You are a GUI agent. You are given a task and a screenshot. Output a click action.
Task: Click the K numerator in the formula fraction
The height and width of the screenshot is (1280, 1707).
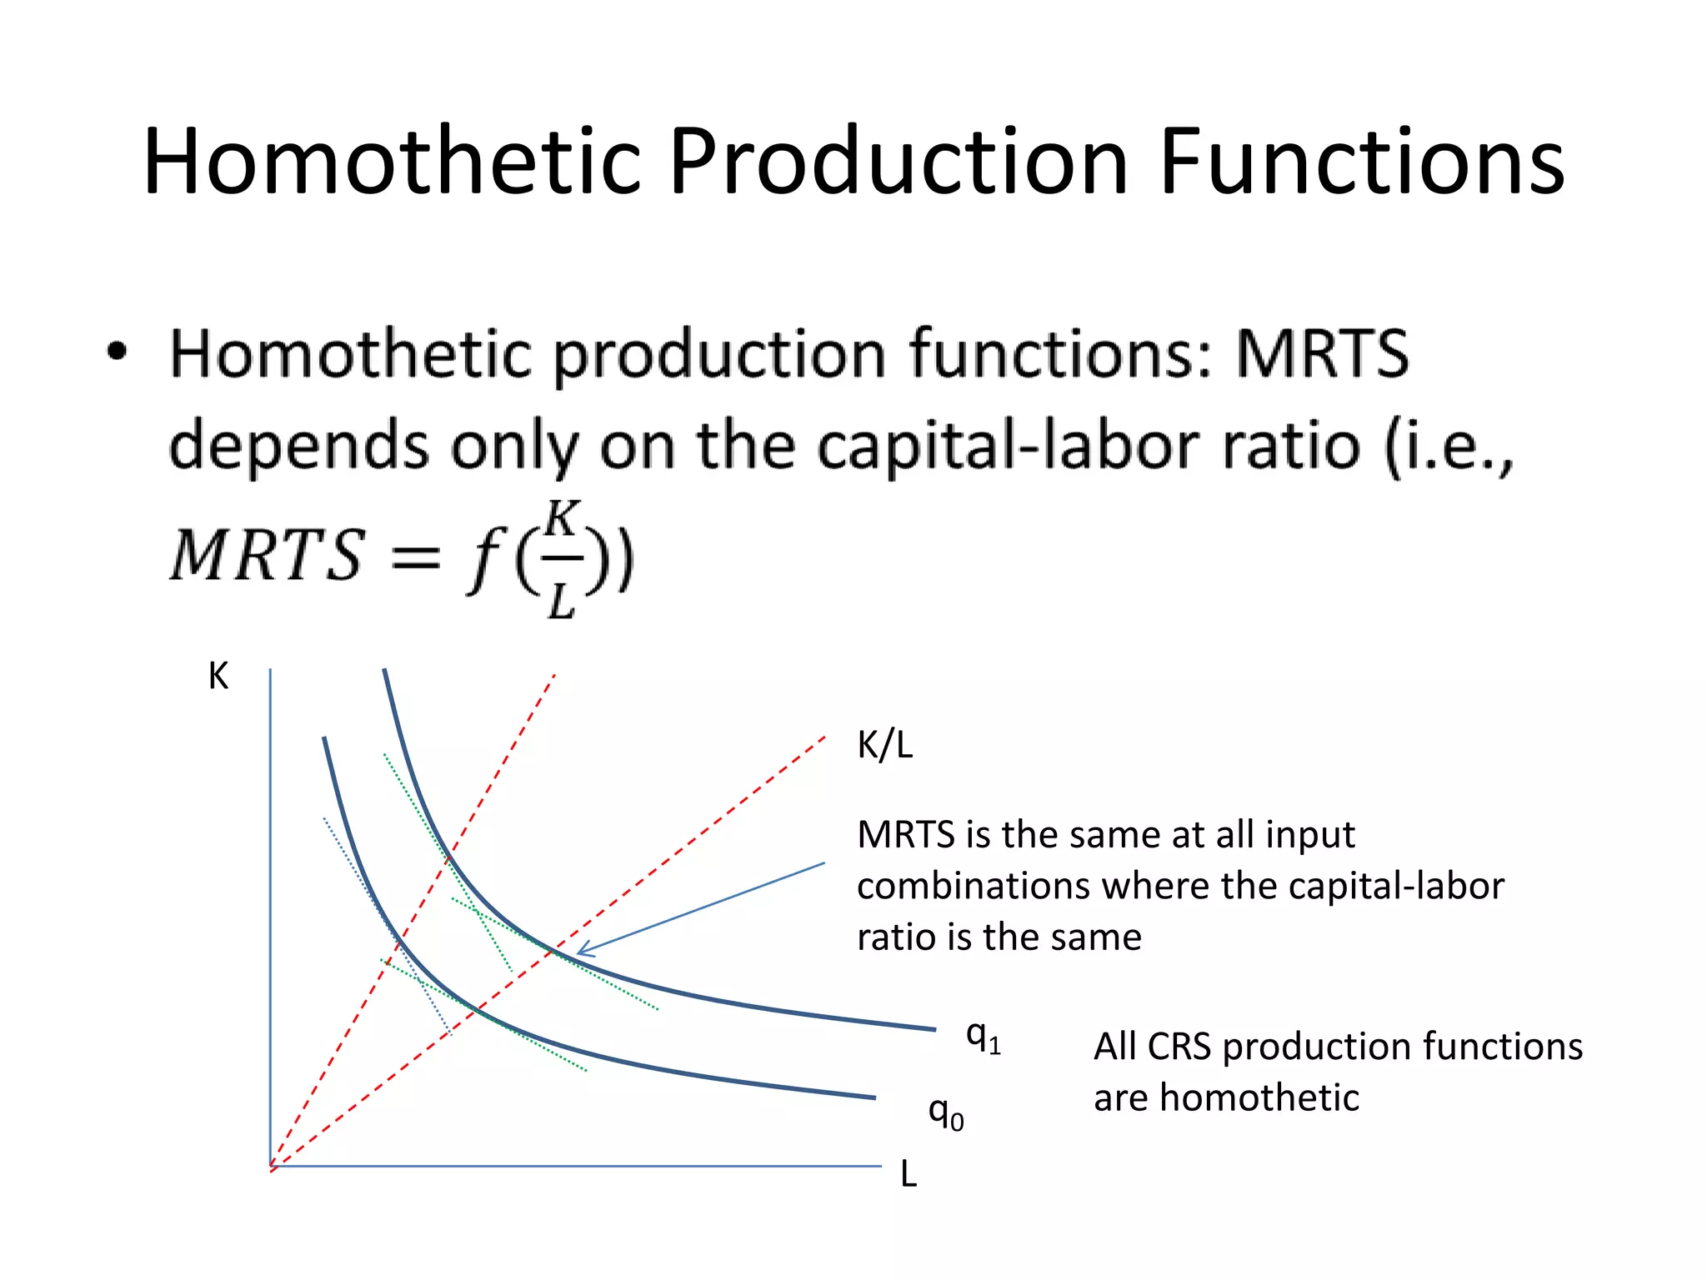coord(562,520)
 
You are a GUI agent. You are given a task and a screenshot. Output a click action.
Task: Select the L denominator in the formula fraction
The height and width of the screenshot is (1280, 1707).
coord(561,598)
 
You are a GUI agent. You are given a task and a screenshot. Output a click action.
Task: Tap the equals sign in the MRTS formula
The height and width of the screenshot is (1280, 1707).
coord(415,557)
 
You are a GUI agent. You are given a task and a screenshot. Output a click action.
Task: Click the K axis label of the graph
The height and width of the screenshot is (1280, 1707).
coord(218,676)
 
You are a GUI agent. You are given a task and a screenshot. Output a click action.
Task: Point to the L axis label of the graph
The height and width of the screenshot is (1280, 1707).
coord(909,1175)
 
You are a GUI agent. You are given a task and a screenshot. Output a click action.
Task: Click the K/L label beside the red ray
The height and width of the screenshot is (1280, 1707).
coord(884,744)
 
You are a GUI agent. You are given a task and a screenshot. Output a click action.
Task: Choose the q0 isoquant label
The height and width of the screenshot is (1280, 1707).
coord(946,1113)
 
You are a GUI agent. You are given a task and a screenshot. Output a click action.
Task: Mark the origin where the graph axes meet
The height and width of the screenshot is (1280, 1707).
coord(271,1166)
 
